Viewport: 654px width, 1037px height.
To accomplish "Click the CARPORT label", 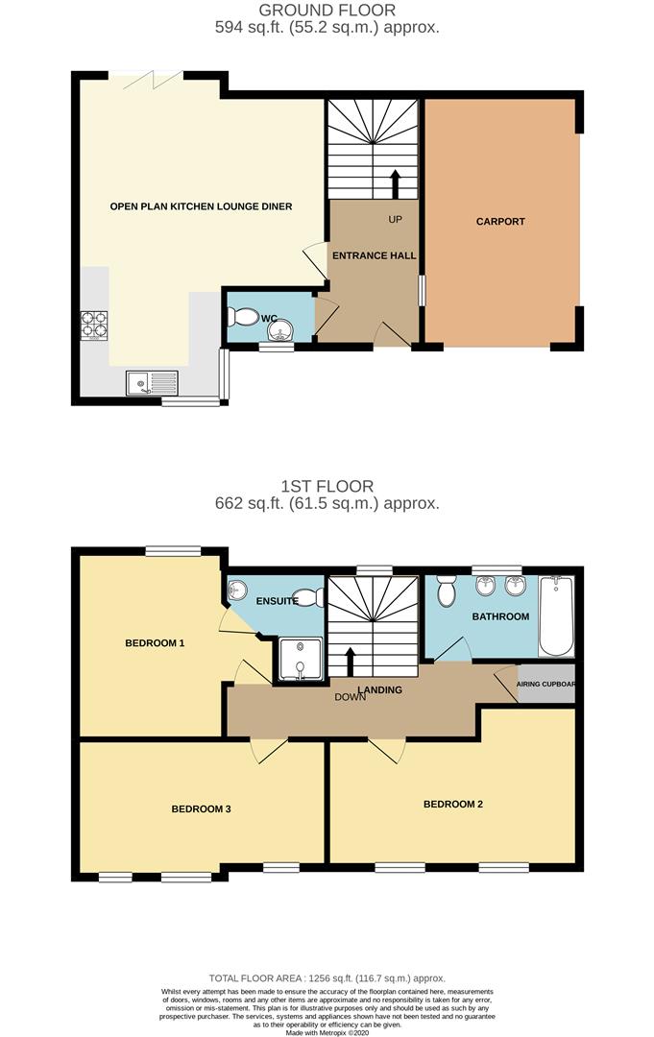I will (501, 222).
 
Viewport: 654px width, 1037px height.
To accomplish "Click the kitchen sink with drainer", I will (152, 384).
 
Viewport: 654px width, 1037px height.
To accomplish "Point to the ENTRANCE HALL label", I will (375, 256).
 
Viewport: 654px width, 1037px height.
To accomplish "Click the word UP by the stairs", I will (395, 220).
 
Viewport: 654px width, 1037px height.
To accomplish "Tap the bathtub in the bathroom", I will (555, 615).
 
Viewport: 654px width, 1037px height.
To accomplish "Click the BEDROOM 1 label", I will (155, 643).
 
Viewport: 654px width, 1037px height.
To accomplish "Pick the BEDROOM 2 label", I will (453, 804).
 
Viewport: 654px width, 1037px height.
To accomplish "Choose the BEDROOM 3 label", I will (201, 809).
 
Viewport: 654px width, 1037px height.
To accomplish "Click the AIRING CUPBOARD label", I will (545, 685).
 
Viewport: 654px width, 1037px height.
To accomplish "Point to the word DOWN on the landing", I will (351, 698).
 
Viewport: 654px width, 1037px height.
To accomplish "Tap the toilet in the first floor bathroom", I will (447, 591).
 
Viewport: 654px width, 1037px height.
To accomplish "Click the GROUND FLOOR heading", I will (327, 11).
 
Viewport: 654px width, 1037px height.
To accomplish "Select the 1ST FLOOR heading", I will (327, 487).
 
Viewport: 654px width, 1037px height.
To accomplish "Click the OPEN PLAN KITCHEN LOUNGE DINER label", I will (201, 206).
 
